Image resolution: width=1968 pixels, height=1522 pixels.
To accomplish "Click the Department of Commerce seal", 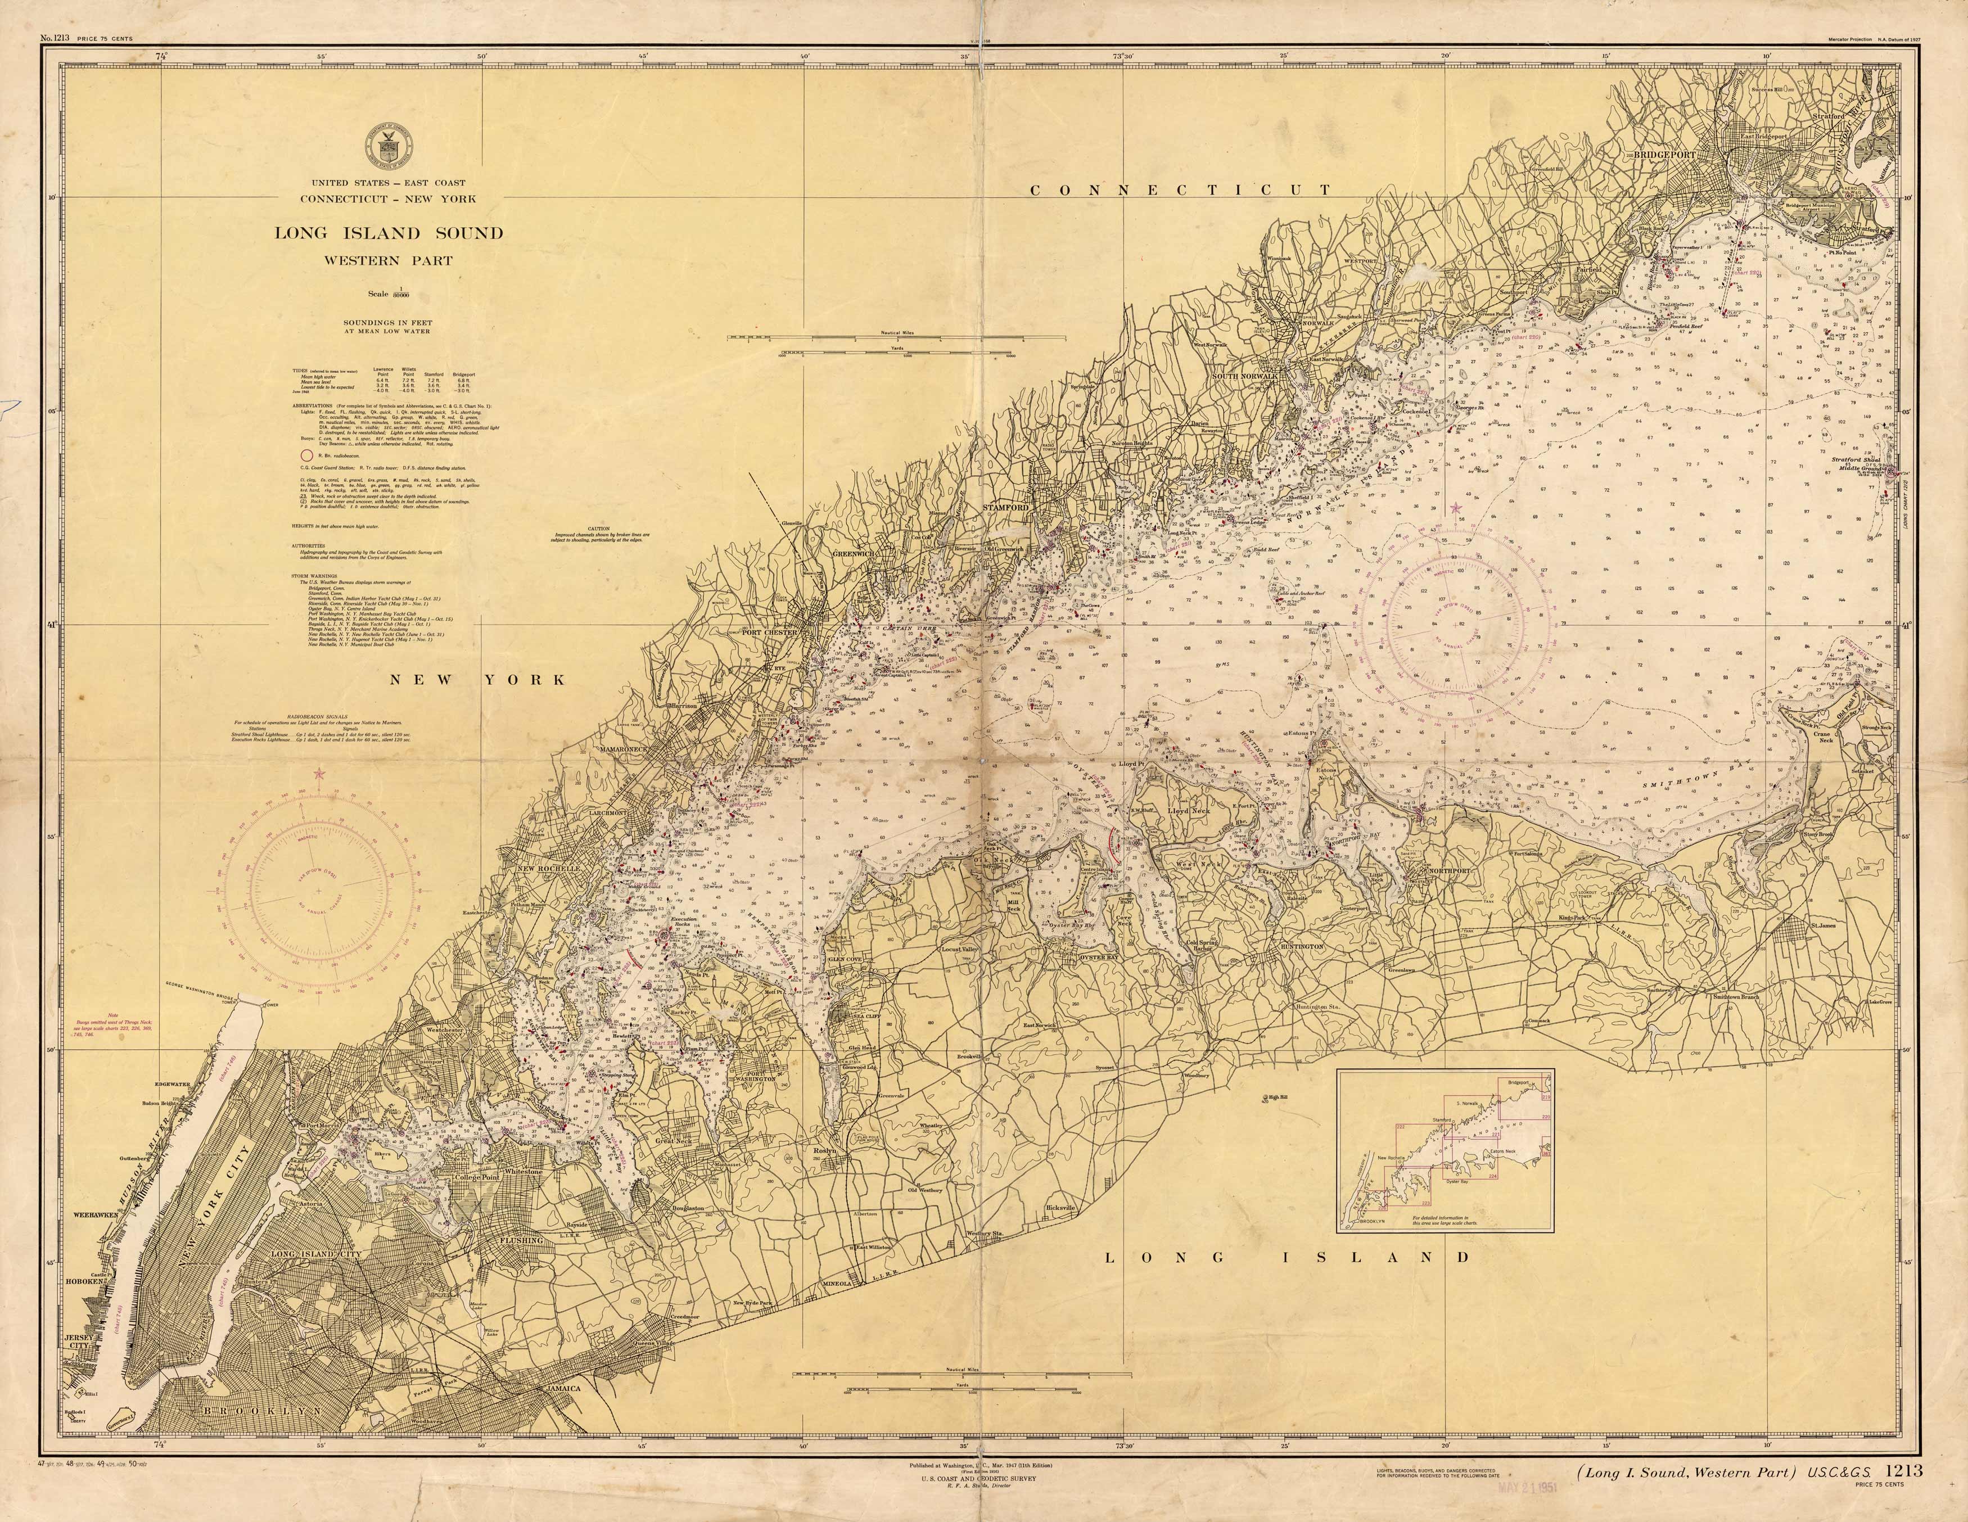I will point(389,146).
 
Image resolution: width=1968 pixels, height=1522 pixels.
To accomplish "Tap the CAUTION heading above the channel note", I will point(598,529).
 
